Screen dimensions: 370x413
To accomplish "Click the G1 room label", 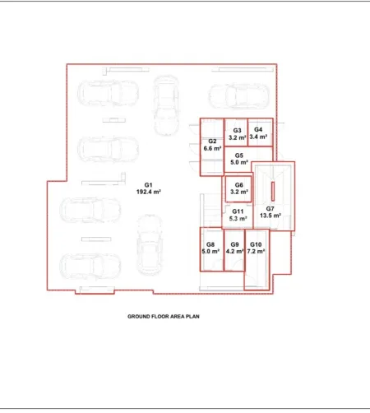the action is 148,185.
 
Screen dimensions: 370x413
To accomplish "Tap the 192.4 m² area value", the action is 148,192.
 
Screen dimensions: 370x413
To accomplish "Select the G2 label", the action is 212,142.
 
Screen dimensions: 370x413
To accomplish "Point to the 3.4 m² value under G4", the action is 258,137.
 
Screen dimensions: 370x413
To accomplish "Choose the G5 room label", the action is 239,155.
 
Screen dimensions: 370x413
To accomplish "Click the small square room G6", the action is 238,189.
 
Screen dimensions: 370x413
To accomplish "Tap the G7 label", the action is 271,209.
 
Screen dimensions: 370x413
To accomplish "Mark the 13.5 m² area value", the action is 271,216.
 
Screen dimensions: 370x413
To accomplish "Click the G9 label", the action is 234,244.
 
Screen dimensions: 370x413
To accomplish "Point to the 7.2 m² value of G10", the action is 256,251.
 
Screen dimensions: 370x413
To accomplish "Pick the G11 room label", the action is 238,211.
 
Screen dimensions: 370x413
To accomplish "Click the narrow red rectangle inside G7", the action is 273,192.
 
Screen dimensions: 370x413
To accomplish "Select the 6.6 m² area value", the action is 212,148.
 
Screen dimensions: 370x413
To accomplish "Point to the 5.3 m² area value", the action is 238,219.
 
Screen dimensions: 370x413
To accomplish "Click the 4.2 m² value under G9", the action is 234,251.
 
